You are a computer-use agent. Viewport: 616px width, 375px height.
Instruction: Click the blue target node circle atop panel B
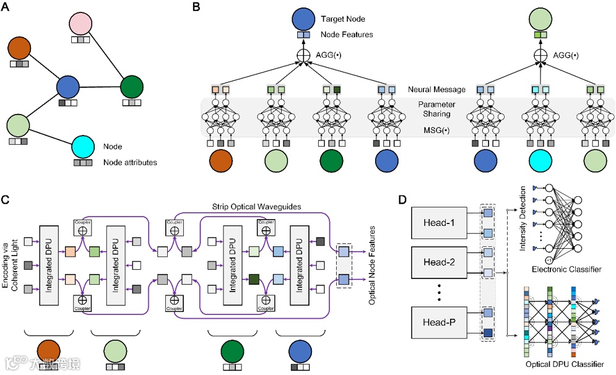(303, 19)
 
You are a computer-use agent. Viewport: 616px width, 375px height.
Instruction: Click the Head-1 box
(441, 223)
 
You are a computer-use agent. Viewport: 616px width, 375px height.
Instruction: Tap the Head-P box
(441, 324)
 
